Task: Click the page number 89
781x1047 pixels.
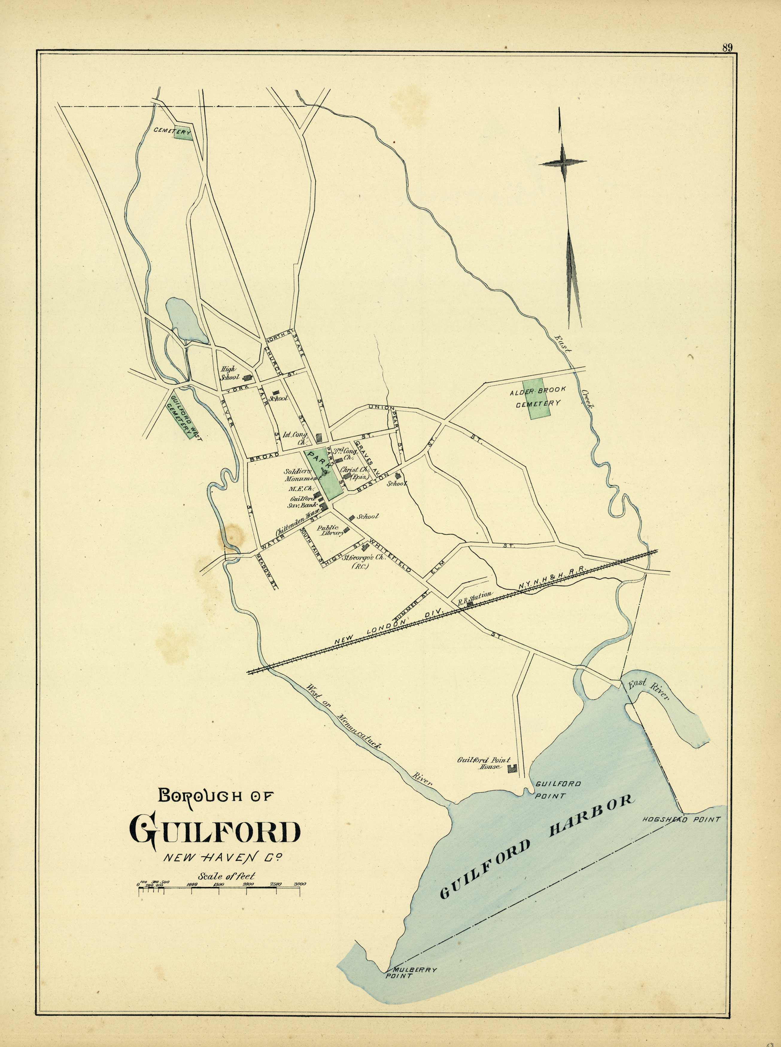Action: click(x=727, y=47)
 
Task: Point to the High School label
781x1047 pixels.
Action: click(x=230, y=373)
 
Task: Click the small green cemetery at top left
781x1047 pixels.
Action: click(x=182, y=134)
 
